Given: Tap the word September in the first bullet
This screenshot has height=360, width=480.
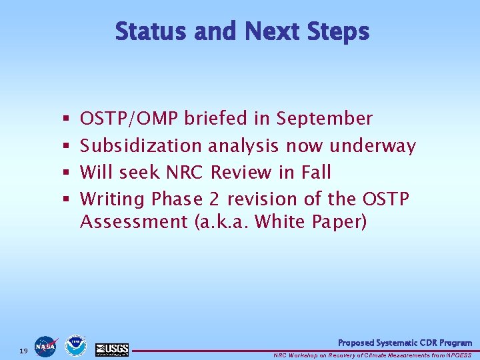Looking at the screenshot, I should tap(324, 119).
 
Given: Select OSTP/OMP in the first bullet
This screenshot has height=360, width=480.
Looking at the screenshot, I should tap(129, 119).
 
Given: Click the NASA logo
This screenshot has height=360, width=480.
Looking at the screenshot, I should tap(45, 347).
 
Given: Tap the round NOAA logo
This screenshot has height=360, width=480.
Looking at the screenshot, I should tap(75, 346).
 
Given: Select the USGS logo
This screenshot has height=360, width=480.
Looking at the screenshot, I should tap(112, 349).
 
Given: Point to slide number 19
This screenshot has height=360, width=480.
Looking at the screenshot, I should tap(23, 351).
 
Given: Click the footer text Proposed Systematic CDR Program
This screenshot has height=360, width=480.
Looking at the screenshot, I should tap(405, 343).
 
